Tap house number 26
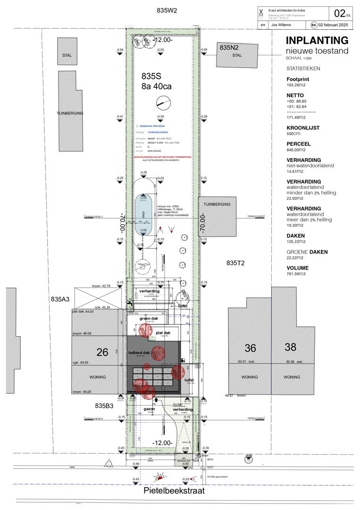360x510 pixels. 102,352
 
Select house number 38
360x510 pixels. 290,347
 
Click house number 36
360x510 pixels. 250,348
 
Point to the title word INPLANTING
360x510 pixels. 317,41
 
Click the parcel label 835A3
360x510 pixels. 60,299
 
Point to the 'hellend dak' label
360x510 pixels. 139,353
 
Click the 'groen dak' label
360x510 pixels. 151,319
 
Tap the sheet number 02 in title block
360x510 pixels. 340,13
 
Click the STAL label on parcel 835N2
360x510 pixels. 237,55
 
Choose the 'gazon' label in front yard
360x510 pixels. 149,409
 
